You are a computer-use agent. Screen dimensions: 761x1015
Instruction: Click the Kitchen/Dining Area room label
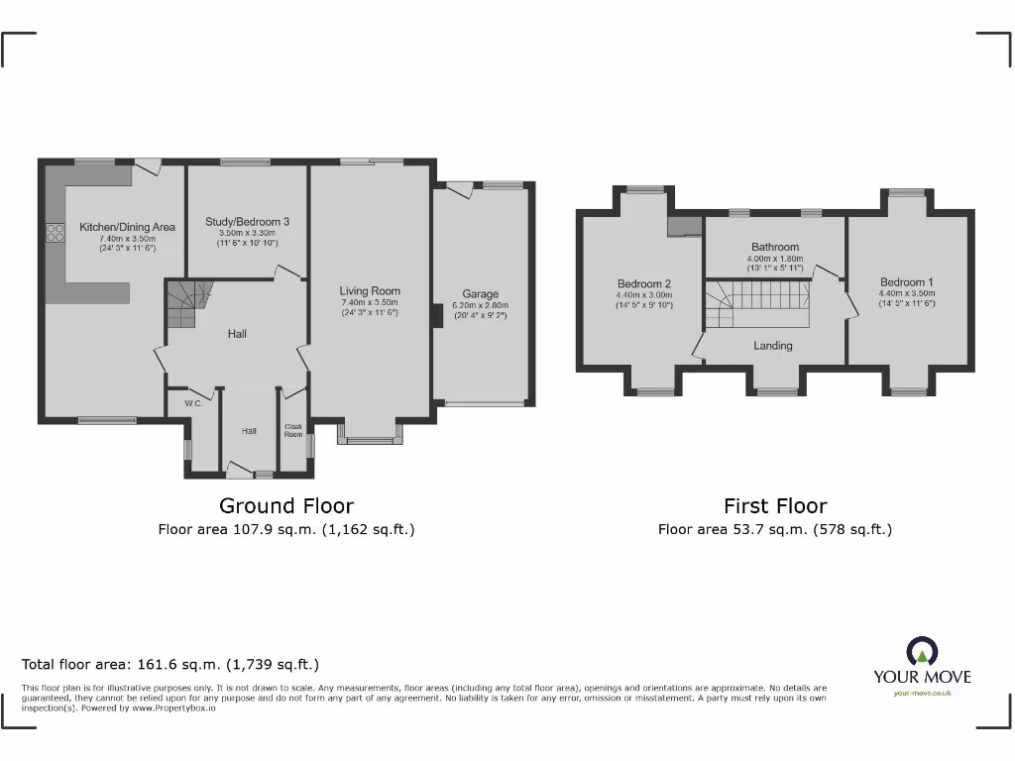pyautogui.click(x=127, y=227)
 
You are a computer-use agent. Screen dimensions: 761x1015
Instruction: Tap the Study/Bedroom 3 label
pyautogui.click(x=248, y=222)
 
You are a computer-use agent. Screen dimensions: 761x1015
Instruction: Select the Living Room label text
pyautogui.click(x=370, y=291)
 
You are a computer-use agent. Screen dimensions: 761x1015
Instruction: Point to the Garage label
pyautogui.click(x=481, y=294)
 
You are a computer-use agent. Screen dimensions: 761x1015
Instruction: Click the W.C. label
pyautogui.click(x=193, y=403)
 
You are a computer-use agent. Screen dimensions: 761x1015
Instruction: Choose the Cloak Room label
pyautogui.click(x=293, y=430)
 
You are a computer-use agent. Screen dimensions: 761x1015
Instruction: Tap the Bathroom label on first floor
pyautogui.click(x=774, y=247)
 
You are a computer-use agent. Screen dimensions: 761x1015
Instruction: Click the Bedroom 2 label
pyautogui.click(x=644, y=282)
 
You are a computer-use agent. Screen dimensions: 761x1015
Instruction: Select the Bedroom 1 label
pyautogui.click(x=907, y=282)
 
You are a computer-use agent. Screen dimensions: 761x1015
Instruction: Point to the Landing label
pyautogui.click(x=773, y=346)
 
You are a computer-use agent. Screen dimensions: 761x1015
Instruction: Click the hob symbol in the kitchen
pyautogui.click(x=54, y=234)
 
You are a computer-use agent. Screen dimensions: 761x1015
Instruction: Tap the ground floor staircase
pyautogui.click(x=186, y=302)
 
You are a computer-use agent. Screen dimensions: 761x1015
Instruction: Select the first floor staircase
pyautogui.click(x=758, y=302)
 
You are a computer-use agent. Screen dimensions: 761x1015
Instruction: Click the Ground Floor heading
pyautogui.click(x=285, y=506)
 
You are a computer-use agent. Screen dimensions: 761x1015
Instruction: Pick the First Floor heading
pyautogui.click(x=775, y=506)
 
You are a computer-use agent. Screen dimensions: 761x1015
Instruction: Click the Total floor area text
pyautogui.click(x=170, y=665)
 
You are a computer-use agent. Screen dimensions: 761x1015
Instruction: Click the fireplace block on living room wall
pyautogui.click(x=436, y=315)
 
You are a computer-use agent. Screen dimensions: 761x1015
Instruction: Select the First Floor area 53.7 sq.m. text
pyautogui.click(x=775, y=529)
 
